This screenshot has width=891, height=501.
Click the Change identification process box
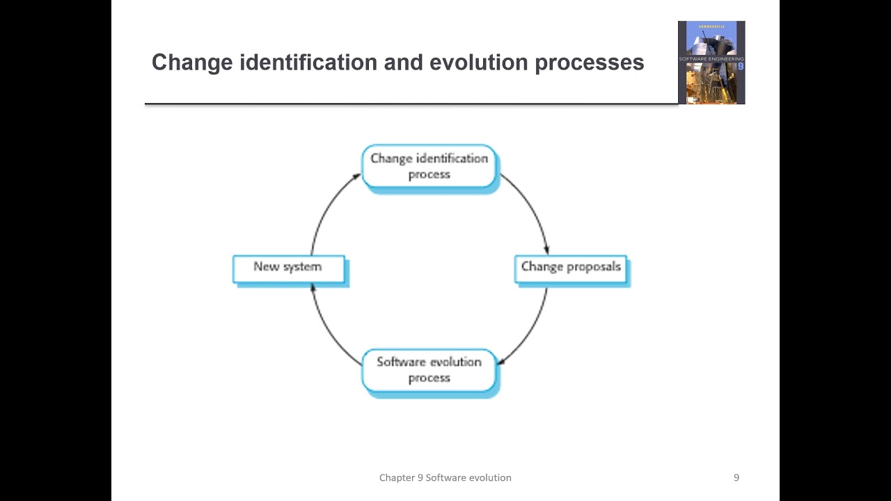(429, 166)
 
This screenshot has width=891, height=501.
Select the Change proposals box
(570, 269)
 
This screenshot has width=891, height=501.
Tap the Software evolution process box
(429, 370)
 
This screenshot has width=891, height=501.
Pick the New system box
(288, 269)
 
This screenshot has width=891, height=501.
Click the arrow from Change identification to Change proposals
(530, 209)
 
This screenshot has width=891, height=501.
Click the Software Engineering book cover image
(711, 63)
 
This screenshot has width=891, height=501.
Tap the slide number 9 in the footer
(736, 477)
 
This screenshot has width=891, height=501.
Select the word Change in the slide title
(192, 63)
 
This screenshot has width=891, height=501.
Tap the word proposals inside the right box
(594, 267)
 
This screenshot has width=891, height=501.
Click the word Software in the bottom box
(400, 362)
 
